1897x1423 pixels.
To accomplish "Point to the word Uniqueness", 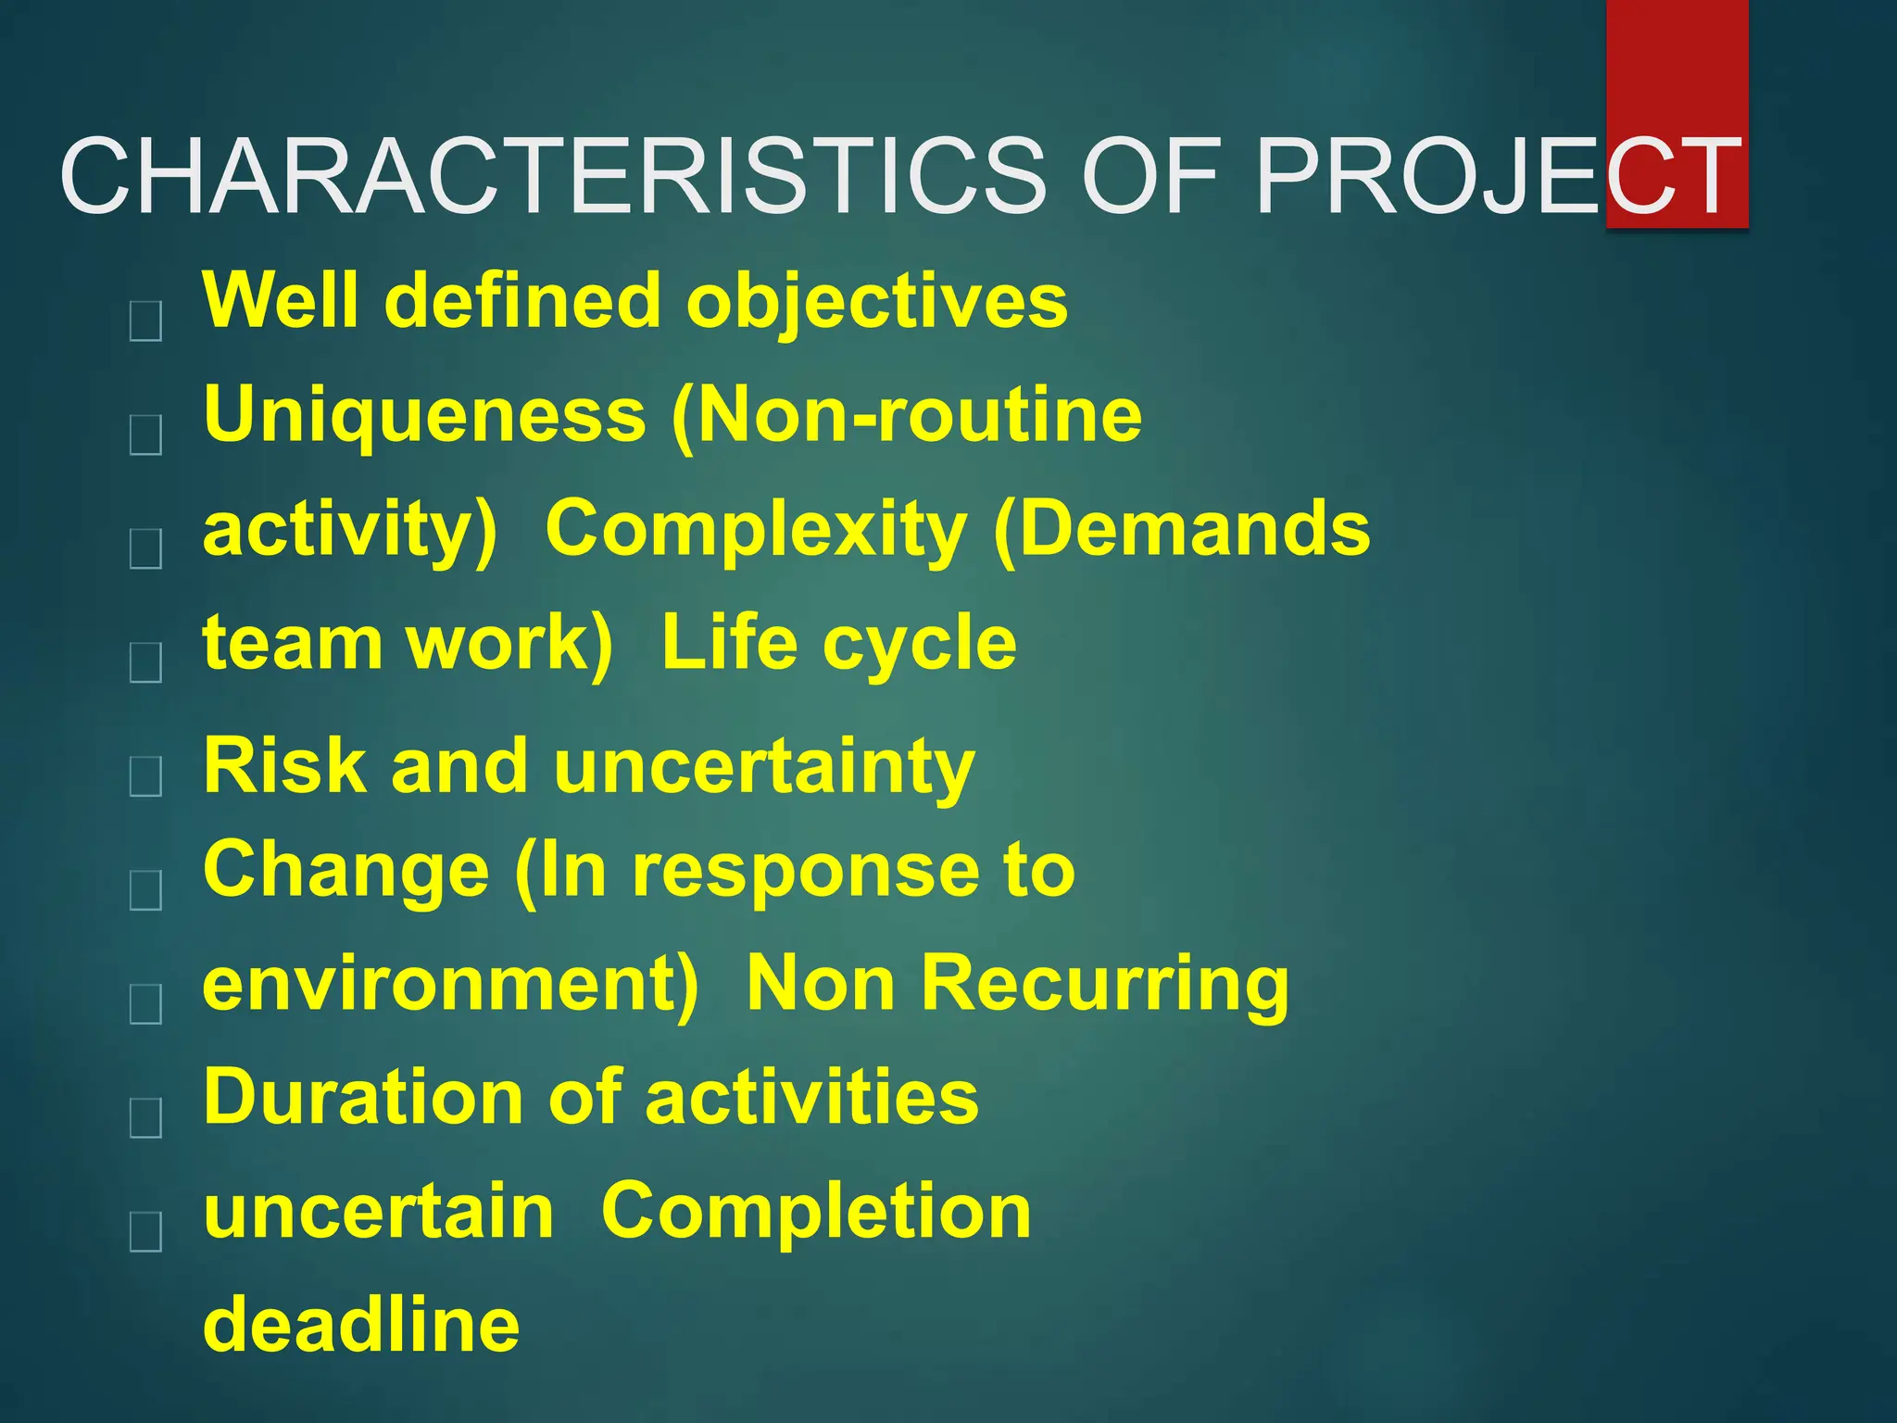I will click(424, 415).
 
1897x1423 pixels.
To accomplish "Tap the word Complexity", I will click(756, 528).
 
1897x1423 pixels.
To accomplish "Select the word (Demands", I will click(1181, 528).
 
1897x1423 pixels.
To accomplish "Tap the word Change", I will click(345, 871).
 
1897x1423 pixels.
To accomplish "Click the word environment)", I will click(450, 984).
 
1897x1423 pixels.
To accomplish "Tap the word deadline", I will click(361, 1325).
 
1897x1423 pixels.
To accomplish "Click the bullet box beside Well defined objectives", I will click(146, 321).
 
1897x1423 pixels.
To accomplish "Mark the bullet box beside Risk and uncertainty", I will click(146, 775).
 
